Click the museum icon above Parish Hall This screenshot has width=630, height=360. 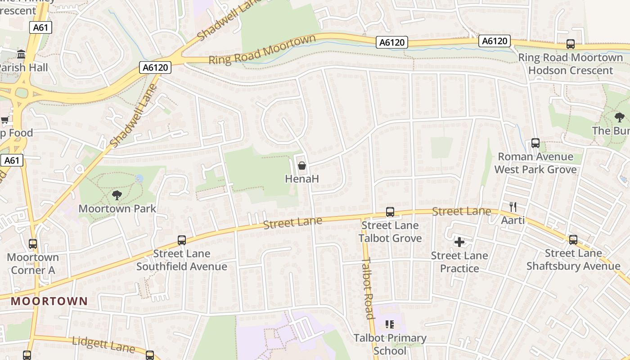pyautogui.click(x=21, y=54)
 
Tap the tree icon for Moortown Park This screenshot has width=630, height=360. pyautogui.click(x=117, y=195)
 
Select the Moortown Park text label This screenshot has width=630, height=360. pyautogui.click(x=117, y=209)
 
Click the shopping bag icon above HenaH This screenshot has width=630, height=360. pyautogui.click(x=302, y=166)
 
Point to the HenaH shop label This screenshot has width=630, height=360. pyautogui.click(x=302, y=179)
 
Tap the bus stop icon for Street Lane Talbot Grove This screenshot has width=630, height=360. pyautogui.click(x=390, y=212)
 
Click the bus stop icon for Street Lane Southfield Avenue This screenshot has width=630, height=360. pyautogui.click(x=182, y=240)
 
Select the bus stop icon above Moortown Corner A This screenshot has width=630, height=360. pyautogui.click(x=33, y=244)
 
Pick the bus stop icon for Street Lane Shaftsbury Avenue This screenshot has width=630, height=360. pyautogui.click(x=573, y=240)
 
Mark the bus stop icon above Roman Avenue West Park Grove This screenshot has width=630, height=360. pyautogui.click(x=535, y=143)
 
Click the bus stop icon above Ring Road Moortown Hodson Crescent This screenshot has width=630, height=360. pyautogui.click(x=571, y=44)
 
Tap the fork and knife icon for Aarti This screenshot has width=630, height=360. pyautogui.click(x=513, y=207)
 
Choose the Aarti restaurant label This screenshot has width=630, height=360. pyautogui.click(x=513, y=220)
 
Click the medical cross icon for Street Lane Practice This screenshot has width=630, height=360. pyautogui.click(x=459, y=243)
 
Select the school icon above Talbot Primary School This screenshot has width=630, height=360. pyautogui.click(x=390, y=324)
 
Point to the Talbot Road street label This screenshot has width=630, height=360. pyautogui.click(x=369, y=288)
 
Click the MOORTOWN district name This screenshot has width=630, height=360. pyautogui.click(x=49, y=301)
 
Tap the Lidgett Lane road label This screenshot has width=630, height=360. pyautogui.click(x=103, y=345)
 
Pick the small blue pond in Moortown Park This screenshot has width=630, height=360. pyautogui.click(x=139, y=179)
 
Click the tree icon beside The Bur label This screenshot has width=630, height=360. pyautogui.click(x=619, y=118)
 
